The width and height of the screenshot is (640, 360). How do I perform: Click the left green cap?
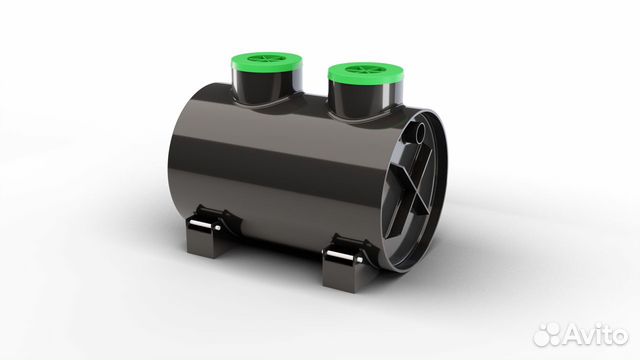pyautogui.click(x=266, y=62)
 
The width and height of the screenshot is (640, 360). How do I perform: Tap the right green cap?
pyautogui.click(x=366, y=73)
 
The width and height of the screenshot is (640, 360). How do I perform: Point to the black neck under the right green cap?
pyautogui.click(x=366, y=98)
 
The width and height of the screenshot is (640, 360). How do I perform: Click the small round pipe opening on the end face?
pyautogui.click(x=420, y=132)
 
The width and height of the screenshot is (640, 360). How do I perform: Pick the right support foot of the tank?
pyautogui.click(x=346, y=260)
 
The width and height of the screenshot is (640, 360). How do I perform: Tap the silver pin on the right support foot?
pyautogui.click(x=344, y=256)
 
